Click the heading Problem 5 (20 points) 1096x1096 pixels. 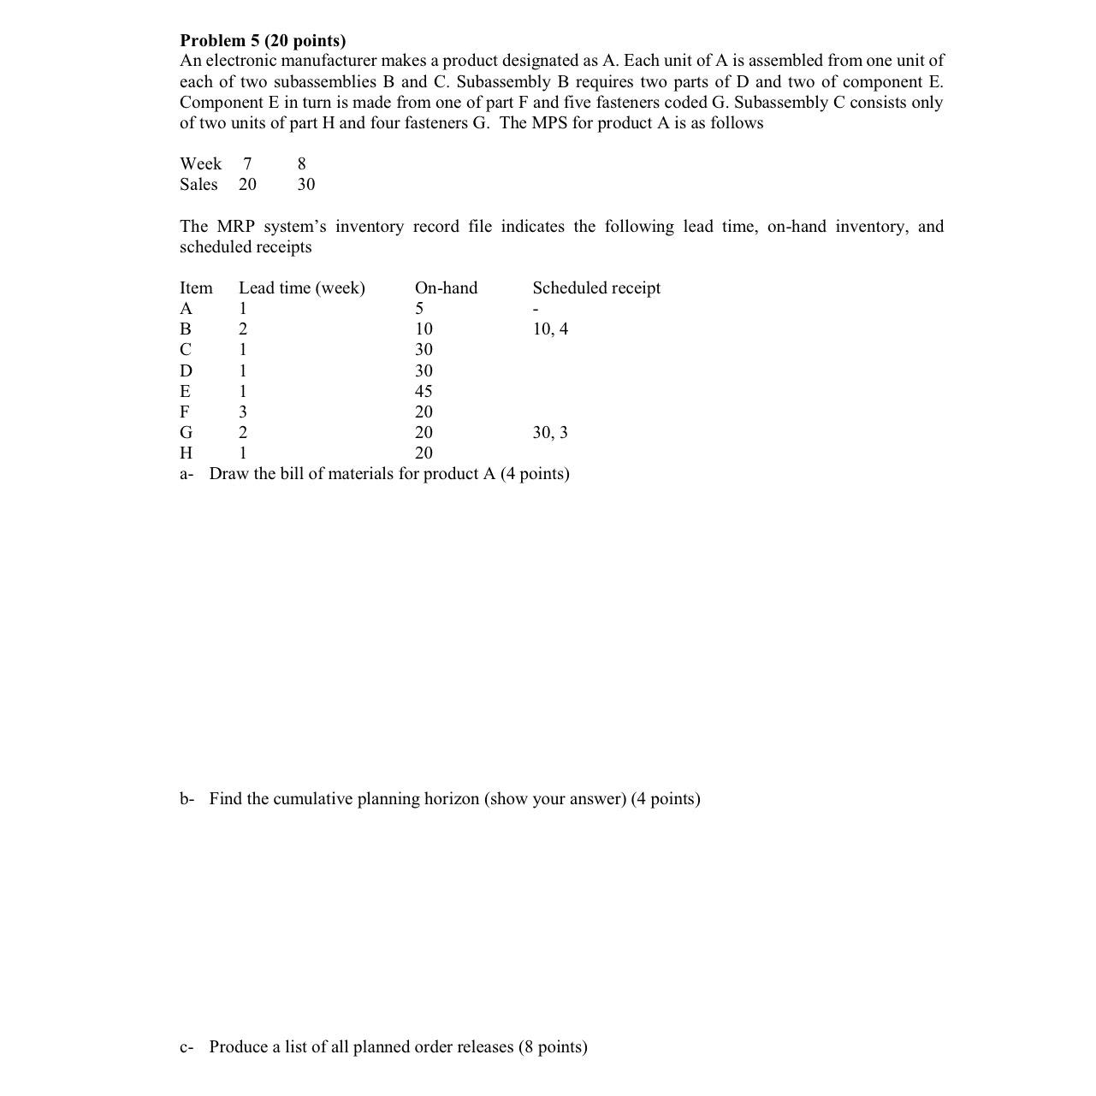pyautogui.click(x=263, y=40)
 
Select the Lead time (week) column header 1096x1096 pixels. pyautogui.click(x=301, y=287)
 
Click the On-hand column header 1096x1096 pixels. pyautogui.click(x=446, y=287)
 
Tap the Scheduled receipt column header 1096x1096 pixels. pyautogui.click(x=596, y=287)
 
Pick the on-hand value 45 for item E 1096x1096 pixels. pyautogui.click(x=424, y=391)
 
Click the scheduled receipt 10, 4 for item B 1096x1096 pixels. pyautogui.click(x=550, y=329)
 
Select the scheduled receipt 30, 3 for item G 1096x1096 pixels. pyautogui.click(x=550, y=432)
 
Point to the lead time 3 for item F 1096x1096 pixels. pyautogui.click(x=243, y=412)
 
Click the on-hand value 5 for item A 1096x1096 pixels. pyautogui.click(x=419, y=308)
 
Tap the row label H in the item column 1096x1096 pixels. pyautogui.click(x=186, y=453)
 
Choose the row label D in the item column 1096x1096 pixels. pyautogui.click(x=186, y=370)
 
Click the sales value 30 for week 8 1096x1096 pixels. pyautogui.click(x=305, y=184)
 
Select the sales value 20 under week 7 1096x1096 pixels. pyautogui.click(x=247, y=184)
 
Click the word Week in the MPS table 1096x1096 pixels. pyautogui.click(x=200, y=163)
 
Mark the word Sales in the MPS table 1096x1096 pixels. pyautogui.click(x=198, y=184)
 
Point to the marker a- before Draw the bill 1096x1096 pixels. pyautogui.click(x=187, y=473)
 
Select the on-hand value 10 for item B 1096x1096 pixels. pyautogui.click(x=424, y=329)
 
